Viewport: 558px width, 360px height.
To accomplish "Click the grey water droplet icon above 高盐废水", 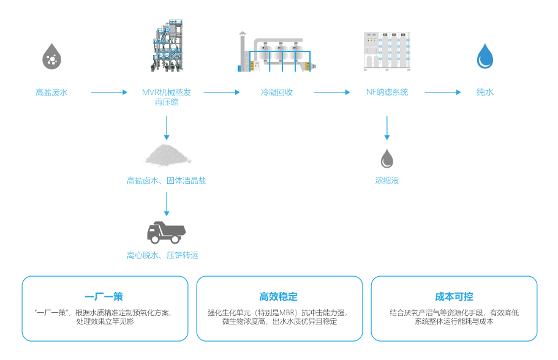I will (x=51, y=56).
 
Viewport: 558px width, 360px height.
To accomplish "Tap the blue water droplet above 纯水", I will (x=485, y=56).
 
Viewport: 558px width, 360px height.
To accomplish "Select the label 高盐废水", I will (x=51, y=92).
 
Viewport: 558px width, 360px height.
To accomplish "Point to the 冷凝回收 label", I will (x=277, y=92).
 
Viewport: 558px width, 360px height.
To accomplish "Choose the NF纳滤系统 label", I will (x=387, y=92).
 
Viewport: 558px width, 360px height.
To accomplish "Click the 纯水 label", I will (x=485, y=92).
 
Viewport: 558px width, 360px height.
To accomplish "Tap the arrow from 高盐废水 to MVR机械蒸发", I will (x=108, y=92).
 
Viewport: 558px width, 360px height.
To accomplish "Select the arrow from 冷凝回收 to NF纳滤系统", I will (x=331, y=92).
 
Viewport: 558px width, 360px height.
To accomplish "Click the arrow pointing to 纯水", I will (x=443, y=92).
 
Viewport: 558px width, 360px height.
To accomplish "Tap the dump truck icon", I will (x=167, y=231).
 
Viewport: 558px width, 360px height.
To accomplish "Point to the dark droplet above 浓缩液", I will (x=387, y=158).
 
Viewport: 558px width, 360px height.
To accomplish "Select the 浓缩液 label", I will (x=387, y=181).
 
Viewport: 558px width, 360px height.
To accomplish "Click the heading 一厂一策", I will (x=104, y=297).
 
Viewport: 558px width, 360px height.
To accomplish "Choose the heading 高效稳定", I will (x=279, y=297).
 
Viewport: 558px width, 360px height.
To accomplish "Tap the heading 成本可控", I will (x=454, y=297).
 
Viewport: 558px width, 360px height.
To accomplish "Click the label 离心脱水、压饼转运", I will (x=163, y=255).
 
